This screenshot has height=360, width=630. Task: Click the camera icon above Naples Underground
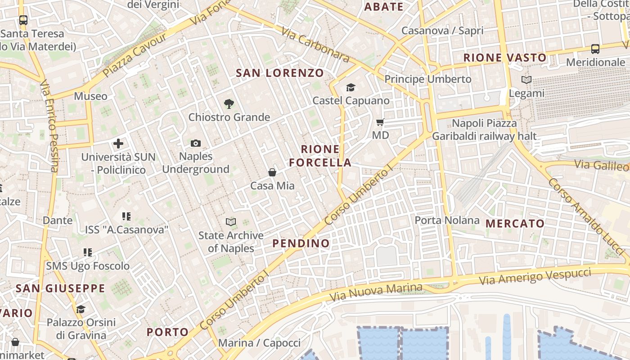(x=195, y=144)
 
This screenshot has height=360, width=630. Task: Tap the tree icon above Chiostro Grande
(x=229, y=104)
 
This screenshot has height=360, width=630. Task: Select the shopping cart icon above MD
(x=380, y=122)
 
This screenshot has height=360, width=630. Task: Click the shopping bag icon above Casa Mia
(x=272, y=172)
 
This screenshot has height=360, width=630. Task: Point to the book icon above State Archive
(x=231, y=222)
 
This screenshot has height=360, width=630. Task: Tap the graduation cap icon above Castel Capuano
(x=351, y=88)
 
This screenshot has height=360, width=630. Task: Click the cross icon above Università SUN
(x=118, y=144)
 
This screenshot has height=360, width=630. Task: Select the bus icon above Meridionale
(x=595, y=49)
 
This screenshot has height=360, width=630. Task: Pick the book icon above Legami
(x=526, y=80)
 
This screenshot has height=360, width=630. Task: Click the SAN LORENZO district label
(x=280, y=73)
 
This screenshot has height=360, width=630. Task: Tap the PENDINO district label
(x=301, y=243)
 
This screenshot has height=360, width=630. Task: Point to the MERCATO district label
(x=515, y=224)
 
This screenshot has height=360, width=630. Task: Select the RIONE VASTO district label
(x=505, y=58)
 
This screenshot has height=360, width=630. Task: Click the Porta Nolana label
(x=447, y=220)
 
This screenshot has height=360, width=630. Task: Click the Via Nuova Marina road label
(x=376, y=292)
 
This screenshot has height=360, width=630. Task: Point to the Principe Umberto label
(x=428, y=79)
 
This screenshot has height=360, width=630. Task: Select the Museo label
(x=91, y=96)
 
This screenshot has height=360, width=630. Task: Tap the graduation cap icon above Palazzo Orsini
(x=81, y=309)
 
